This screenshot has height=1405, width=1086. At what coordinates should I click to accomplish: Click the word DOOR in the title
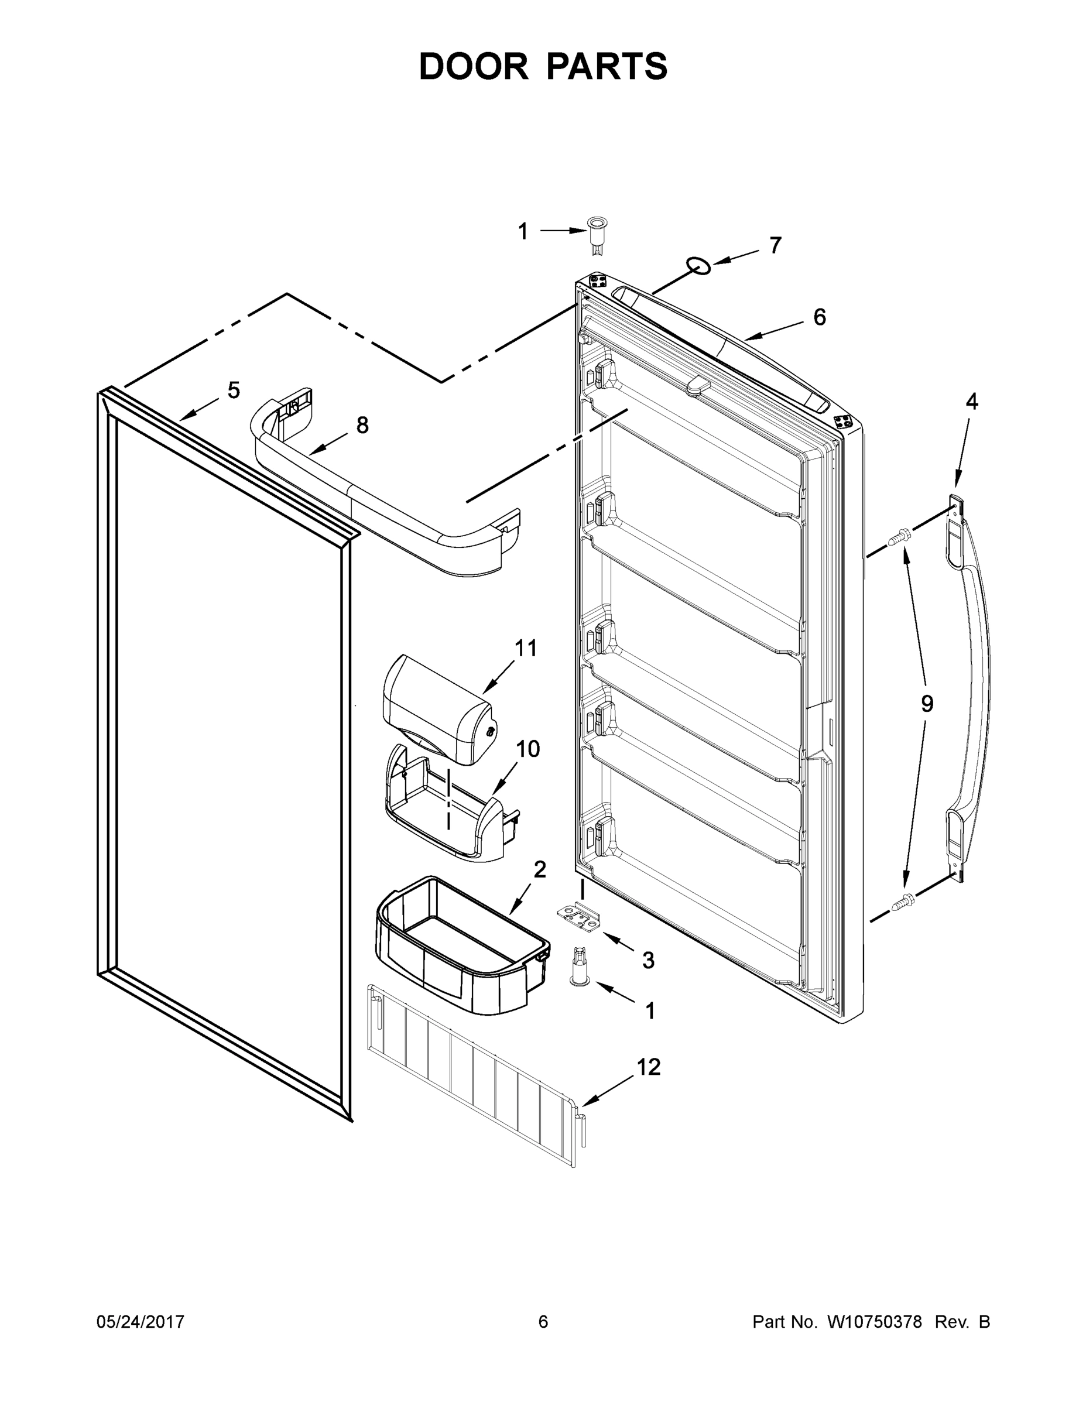[x=474, y=66]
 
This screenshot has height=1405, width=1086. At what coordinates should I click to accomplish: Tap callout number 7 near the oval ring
[x=775, y=246]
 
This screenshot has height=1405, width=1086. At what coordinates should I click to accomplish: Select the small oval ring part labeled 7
[x=698, y=265]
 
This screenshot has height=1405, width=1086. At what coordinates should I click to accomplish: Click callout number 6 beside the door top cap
[x=819, y=317]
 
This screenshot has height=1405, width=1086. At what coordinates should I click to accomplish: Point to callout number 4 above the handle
[x=971, y=402]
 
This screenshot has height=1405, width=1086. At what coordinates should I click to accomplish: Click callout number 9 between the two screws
[x=926, y=704]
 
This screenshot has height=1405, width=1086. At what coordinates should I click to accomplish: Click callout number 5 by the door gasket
[x=234, y=390]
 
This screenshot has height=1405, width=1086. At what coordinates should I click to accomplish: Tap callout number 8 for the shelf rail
[x=362, y=425]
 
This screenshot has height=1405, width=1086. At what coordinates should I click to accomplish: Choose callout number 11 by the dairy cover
[x=526, y=648]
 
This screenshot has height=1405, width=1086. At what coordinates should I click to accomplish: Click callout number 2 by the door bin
[x=540, y=870]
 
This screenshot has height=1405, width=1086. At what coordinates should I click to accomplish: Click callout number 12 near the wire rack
[x=649, y=1067]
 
